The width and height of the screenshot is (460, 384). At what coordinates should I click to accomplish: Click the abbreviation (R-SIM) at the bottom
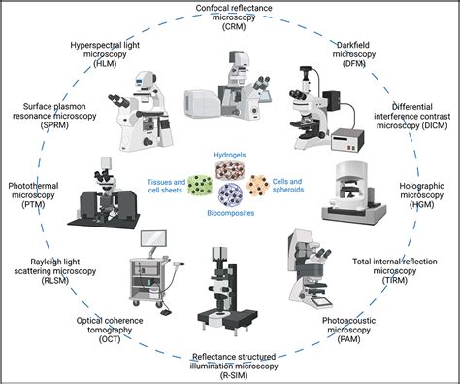[231, 375]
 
